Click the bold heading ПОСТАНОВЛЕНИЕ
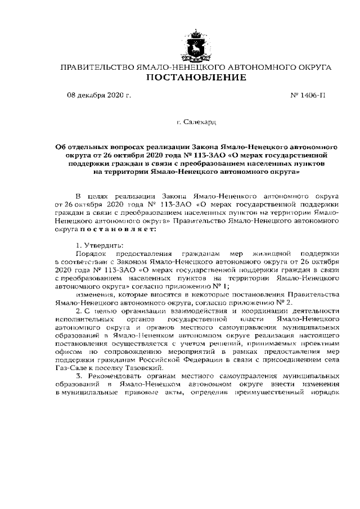(196, 78)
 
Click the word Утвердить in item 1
(109, 246)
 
